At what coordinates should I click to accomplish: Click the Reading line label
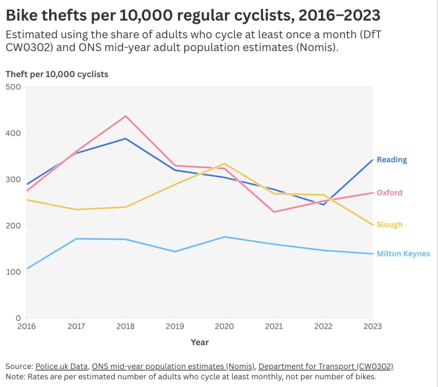[x=391, y=160]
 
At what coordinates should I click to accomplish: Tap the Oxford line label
[x=389, y=193]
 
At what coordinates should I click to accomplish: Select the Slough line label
[x=389, y=225]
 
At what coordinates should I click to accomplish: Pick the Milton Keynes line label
[x=403, y=254]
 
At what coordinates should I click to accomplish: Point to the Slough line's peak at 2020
[x=225, y=164]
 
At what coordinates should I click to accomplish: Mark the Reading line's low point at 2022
[x=323, y=205]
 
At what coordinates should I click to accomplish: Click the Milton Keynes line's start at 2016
[x=27, y=269]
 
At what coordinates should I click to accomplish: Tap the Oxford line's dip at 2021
[x=274, y=212]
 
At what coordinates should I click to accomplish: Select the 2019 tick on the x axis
[x=175, y=327]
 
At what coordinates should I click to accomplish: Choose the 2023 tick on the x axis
[x=372, y=327]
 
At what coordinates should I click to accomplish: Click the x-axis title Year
[x=200, y=342]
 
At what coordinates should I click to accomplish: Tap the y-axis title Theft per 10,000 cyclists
[x=57, y=74]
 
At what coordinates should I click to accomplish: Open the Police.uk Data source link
[x=62, y=366]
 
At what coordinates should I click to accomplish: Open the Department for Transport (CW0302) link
[x=326, y=366]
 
